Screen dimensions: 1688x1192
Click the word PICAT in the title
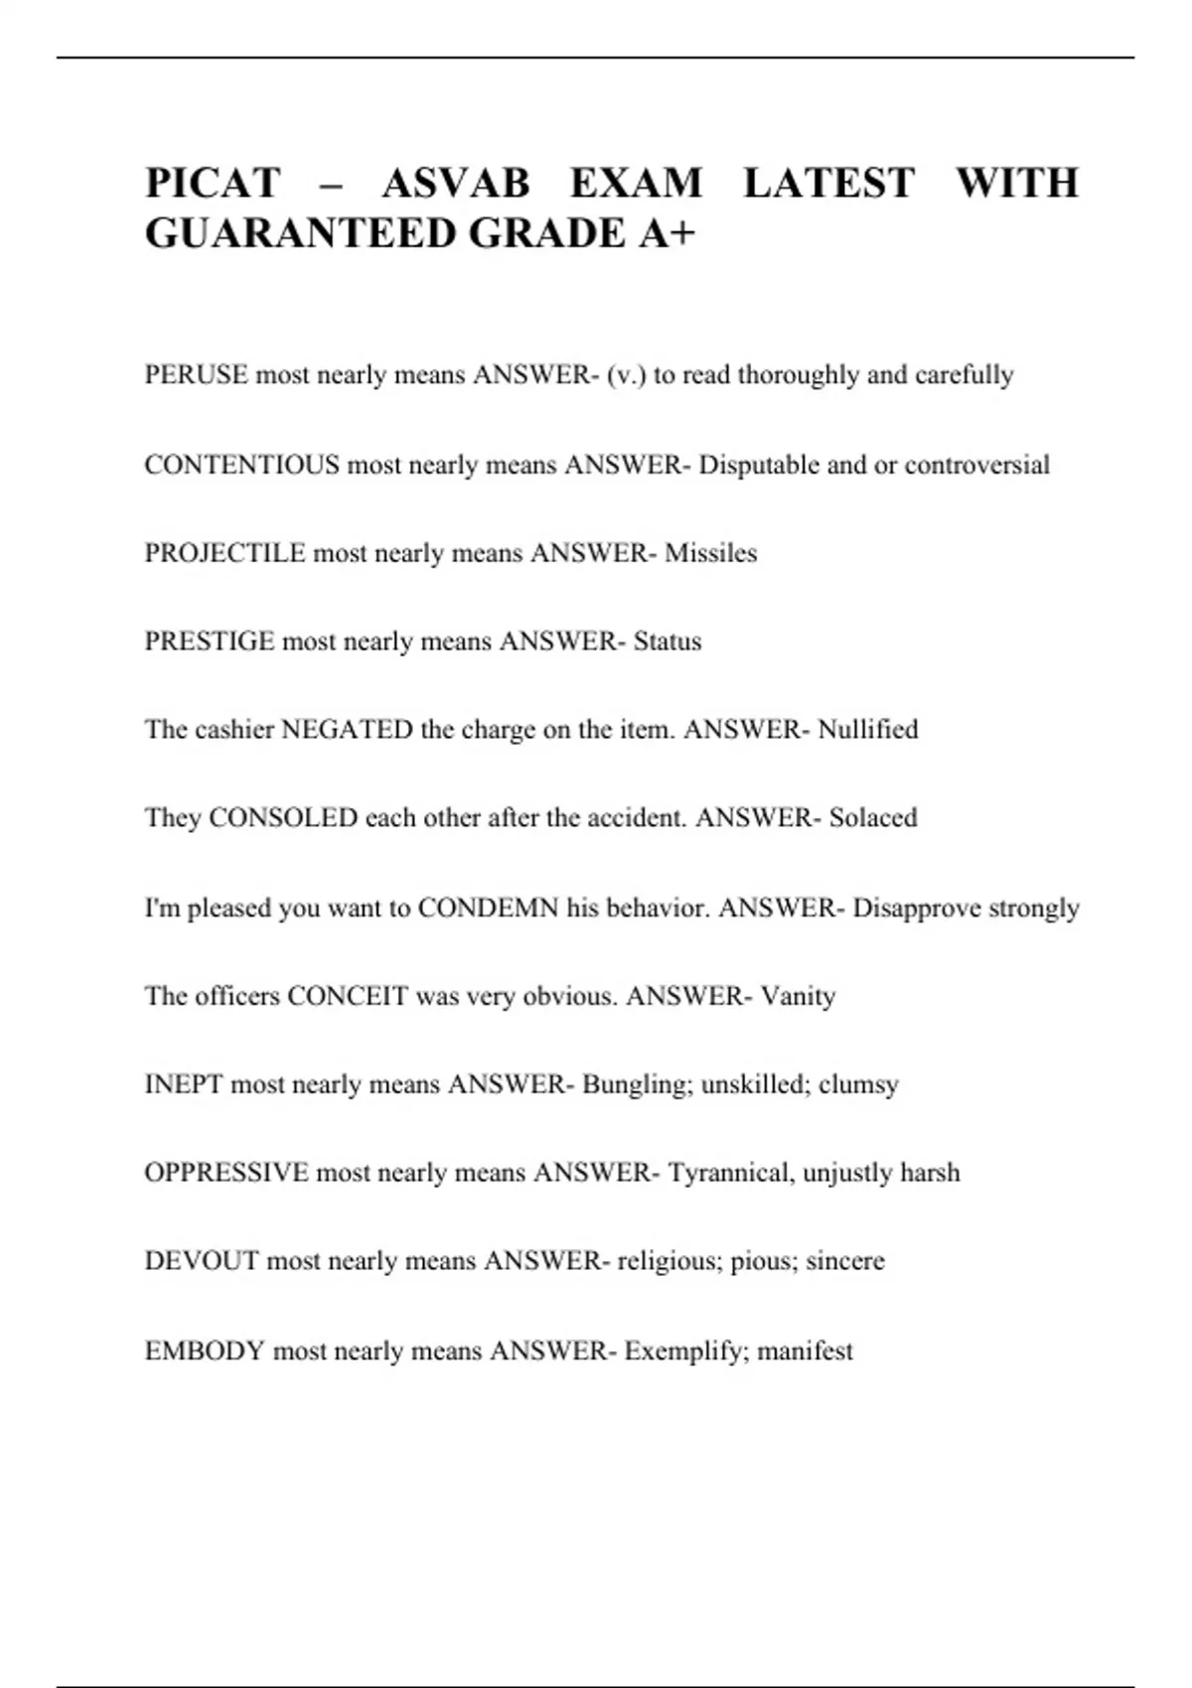(x=213, y=184)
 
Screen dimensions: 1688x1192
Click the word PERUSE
(x=196, y=375)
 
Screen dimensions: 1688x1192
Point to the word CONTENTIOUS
(x=241, y=465)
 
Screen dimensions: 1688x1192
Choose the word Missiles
(x=710, y=553)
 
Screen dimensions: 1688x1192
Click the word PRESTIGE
(x=209, y=641)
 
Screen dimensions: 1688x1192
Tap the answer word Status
(x=667, y=641)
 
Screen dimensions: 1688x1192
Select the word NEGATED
(x=347, y=730)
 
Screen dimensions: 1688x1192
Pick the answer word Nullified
(x=867, y=730)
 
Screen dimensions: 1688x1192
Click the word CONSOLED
(x=283, y=818)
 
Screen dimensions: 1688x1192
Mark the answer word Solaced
(x=873, y=818)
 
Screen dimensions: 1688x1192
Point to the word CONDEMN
(x=488, y=908)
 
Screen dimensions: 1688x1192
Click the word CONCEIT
(x=348, y=996)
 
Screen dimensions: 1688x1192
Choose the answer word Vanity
(x=798, y=996)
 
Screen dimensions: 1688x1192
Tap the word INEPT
(x=184, y=1084)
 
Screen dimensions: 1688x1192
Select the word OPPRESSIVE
(x=226, y=1173)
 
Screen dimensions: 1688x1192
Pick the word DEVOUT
(x=202, y=1261)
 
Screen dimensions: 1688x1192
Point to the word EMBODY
(x=205, y=1350)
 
